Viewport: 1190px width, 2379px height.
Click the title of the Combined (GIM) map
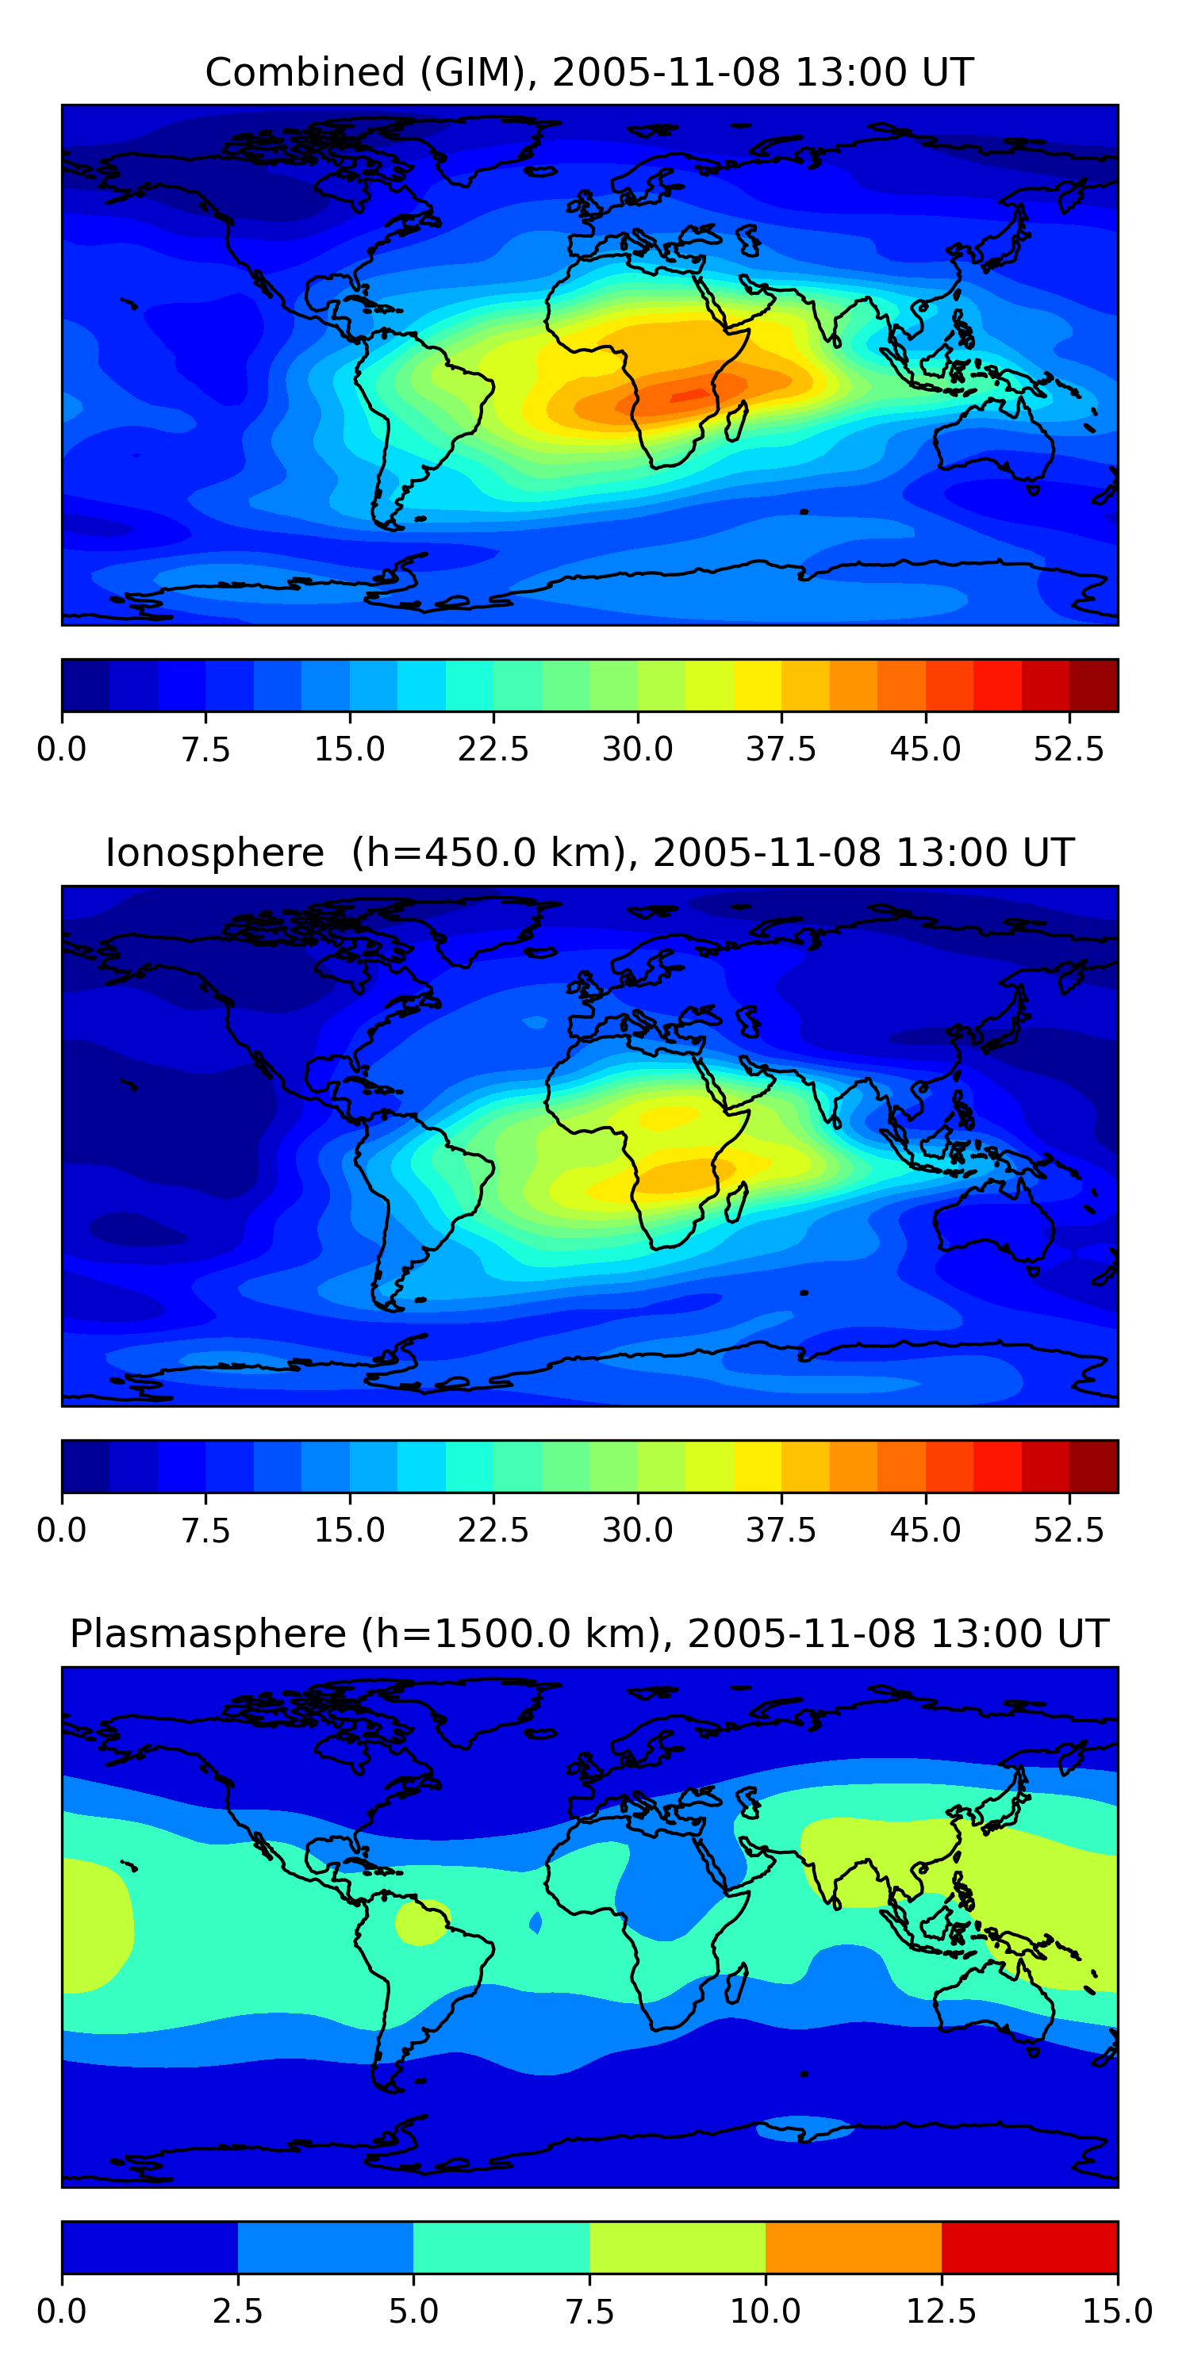[589, 72]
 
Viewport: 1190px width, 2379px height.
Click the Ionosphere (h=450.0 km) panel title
[589, 852]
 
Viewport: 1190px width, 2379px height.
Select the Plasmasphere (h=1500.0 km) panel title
[589, 1634]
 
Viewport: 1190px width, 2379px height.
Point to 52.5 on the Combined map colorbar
[1068, 749]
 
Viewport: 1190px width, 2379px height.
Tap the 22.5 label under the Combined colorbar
[493, 749]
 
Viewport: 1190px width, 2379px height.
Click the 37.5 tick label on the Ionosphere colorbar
[781, 1530]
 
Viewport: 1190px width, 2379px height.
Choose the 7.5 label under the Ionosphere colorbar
[205, 1530]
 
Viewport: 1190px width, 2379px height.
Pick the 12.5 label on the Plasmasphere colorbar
[942, 2312]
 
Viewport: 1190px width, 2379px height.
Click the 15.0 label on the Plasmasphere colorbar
[1117, 2312]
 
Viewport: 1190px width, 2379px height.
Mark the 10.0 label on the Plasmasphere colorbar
[765, 2312]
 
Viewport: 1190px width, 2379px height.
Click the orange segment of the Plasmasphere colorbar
[853, 2247]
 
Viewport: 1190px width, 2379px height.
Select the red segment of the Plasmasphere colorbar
[1029, 2247]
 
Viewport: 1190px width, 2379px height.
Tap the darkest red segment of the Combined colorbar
[1093, 685]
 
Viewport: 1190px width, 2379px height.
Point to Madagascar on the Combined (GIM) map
[736, 421]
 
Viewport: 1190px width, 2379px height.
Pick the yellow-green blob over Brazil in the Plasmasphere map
[421, 1922]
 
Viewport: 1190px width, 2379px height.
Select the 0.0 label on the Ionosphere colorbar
[61, 1530]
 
